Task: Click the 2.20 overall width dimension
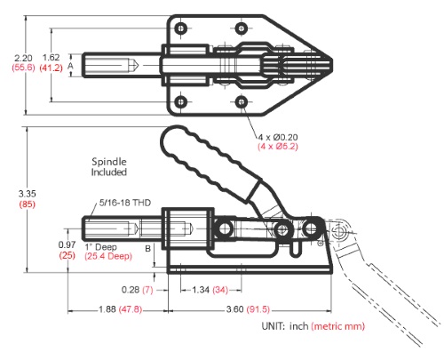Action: (x=23, y=58)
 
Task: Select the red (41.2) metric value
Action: (x=52, y=68)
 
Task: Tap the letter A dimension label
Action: (x=70, y=66)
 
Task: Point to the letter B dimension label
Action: (x=148, y=249)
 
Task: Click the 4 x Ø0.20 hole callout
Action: (x=278, y=137)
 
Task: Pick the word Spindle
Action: (x=109, y=162)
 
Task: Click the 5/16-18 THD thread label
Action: (x=125, y=203)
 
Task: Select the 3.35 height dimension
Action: (x=27, y=194)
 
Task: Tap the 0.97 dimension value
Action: (x=67, y=244)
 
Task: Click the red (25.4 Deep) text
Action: (x=108, y=256)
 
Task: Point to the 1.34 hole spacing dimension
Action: (x=201, y=290)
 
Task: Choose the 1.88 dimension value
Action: (x=107, y=309)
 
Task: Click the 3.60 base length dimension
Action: (x=235, y=309)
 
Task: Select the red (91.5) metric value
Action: (x=258, y=309)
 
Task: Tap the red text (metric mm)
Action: (x=337, y=326)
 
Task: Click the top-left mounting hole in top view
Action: (x=180, y=28)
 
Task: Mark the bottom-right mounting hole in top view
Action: (x=242, y=102)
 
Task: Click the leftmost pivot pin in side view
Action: (x=225, y=228)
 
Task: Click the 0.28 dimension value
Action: (x=131, y=290)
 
